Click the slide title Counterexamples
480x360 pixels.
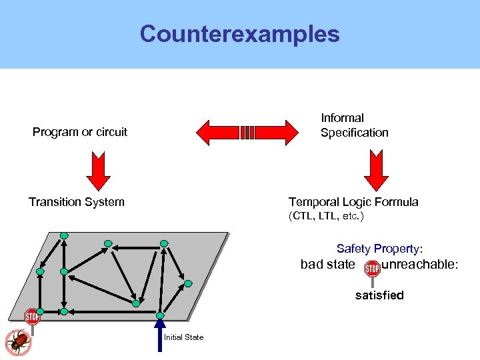tap(239, 34)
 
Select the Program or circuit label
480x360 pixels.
tap(80, 132)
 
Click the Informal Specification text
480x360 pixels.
tap(354, 125)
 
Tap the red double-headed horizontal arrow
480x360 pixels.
tap(213, 132)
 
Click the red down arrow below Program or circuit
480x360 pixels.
tap(99, 171)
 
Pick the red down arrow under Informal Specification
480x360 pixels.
tap(376, 171)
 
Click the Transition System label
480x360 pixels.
tap(76, 202)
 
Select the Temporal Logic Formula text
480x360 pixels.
tap(353, 202)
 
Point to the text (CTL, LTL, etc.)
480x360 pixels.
tap(326, 217)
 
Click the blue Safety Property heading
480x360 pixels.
tap(379, 249)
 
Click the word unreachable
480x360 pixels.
tap(419, 265)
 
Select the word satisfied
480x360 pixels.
tap(379, 295)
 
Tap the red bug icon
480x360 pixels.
tap(16, 342)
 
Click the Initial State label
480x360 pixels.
tap(184, 337)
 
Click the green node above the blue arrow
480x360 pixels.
tap(160, 315)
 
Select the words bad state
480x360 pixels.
tap(328, 265)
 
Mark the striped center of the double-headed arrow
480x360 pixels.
tap(247, 132)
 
